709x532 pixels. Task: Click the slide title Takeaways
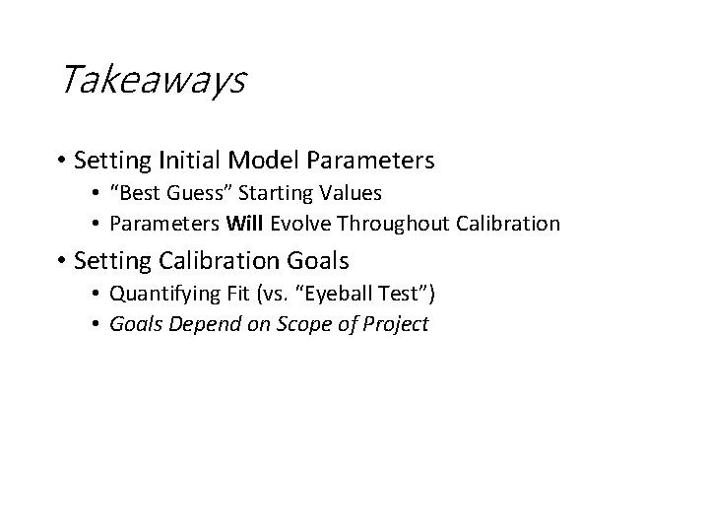pyautogui.click(x=153, y=80)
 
